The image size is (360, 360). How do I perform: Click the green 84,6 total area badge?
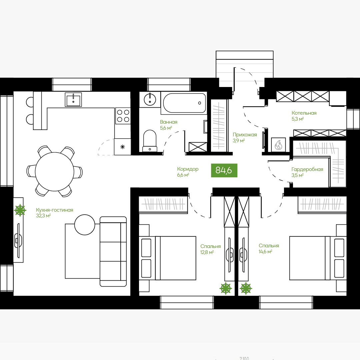(224, 170)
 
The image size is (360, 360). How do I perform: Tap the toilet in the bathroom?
(150, 141)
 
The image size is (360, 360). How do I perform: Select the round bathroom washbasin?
(150, 99)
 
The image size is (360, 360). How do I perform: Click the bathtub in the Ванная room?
(184, 103)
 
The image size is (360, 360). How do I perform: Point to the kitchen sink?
(73, 100)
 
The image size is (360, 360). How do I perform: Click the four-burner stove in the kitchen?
(123, 116)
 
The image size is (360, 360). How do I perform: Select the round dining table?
(54, 172)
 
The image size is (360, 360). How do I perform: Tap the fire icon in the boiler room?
(278, 145)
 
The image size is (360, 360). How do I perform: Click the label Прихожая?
(245, 135)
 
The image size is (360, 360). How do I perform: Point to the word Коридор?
(188, 169)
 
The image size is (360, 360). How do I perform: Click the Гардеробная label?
(307, 169)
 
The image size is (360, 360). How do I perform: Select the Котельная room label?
(304, 113)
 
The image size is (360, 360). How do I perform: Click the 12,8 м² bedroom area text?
(207, 252)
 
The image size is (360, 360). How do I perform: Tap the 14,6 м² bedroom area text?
(265, 252)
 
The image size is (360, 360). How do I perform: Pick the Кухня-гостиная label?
(55, 210)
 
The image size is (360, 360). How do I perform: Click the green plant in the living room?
(20, 210)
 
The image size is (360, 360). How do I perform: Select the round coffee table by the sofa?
(85, 225)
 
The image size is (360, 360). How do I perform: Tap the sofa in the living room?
(113, 251)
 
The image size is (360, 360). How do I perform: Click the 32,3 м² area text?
(43, 216)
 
